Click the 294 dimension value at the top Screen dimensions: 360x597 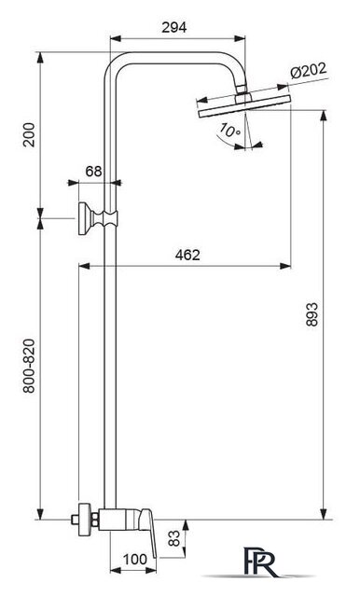click(173, 27)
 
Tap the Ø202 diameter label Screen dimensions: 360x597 click(309, 71)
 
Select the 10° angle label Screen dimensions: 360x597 click(229, 131)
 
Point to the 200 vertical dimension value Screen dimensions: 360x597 click(29, 134)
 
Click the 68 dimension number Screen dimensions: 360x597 click(93, 172)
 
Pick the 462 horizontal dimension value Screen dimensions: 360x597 click(187, 255)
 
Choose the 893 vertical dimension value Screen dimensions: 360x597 click(312, 314)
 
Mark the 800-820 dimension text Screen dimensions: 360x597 click(29, 366)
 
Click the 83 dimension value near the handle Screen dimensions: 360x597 click(173, 538)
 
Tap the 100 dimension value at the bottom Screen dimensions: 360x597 click(134, 560)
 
